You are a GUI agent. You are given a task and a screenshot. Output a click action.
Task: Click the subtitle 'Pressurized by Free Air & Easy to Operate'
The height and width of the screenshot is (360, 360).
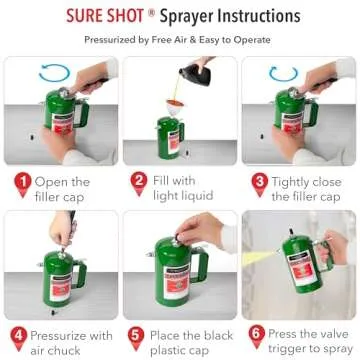180,42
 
